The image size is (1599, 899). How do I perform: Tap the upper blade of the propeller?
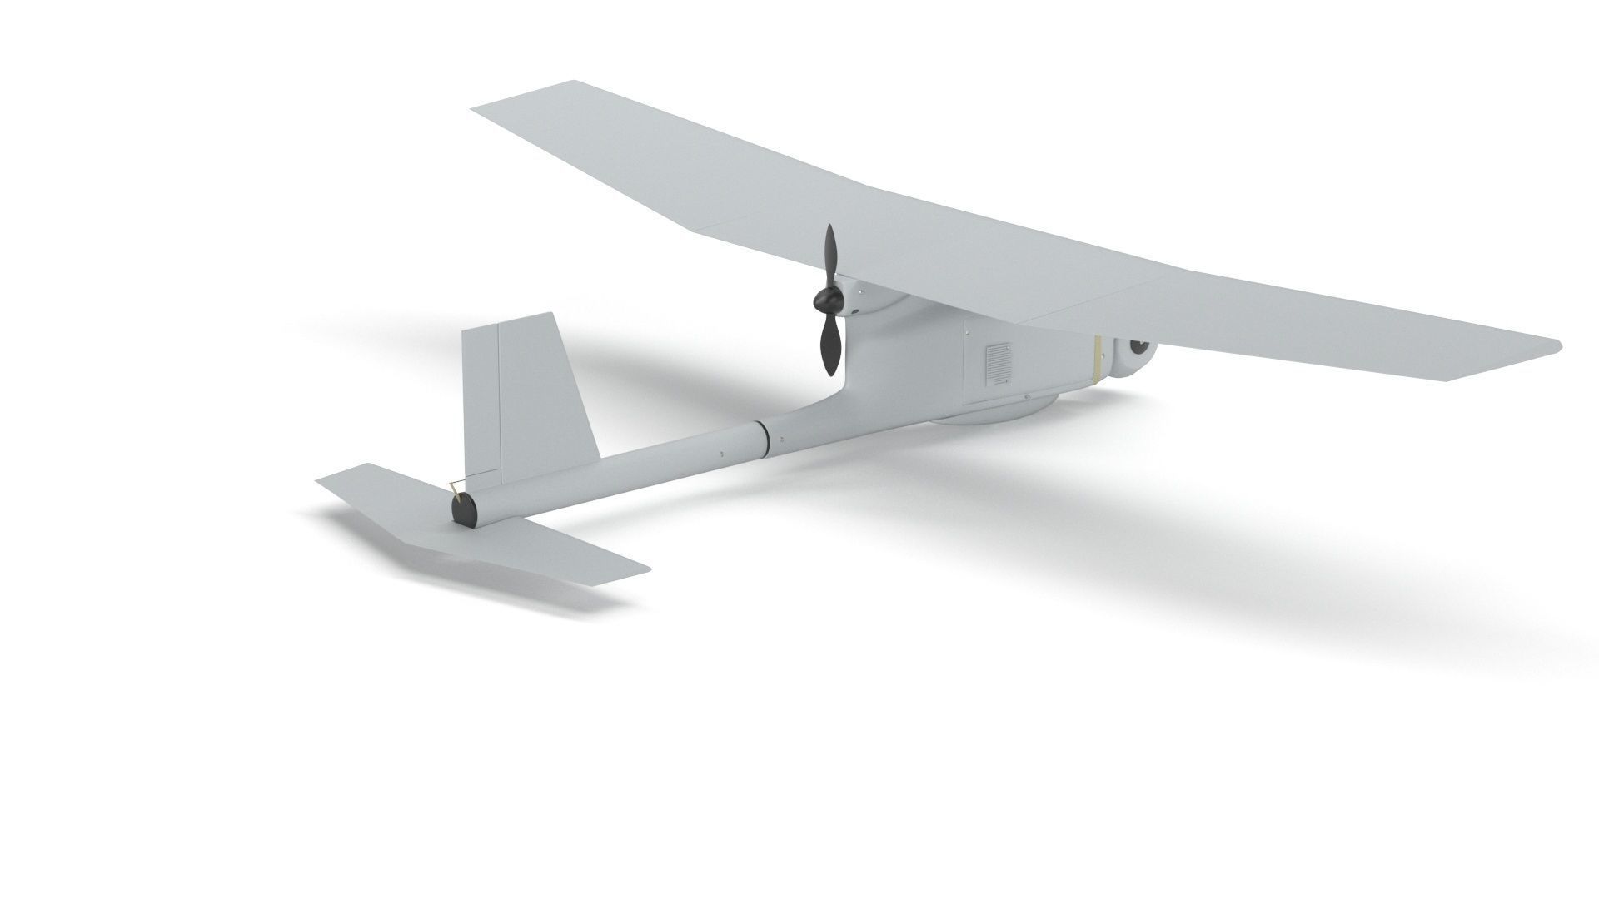[x=829, y=255]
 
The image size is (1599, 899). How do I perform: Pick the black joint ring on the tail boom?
[x=763, y=440]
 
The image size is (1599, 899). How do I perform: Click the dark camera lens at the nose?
[x=1138, y=345]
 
